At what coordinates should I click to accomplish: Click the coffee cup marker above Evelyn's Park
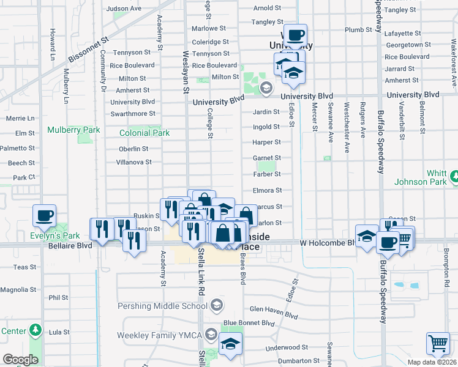(45, 215)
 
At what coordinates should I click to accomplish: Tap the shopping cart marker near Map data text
(438, 344)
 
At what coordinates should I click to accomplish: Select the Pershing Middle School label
(174, 306)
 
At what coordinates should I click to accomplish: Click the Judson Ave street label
(124, 9)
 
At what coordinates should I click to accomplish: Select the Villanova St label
(134, 162)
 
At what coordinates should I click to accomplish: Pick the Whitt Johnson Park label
(429, 177)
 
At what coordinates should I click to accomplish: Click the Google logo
(20, 360)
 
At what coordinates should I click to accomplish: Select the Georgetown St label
(405, 45)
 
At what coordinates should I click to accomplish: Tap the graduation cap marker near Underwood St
(231, 346)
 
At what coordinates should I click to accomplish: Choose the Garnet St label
(267, 158)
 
